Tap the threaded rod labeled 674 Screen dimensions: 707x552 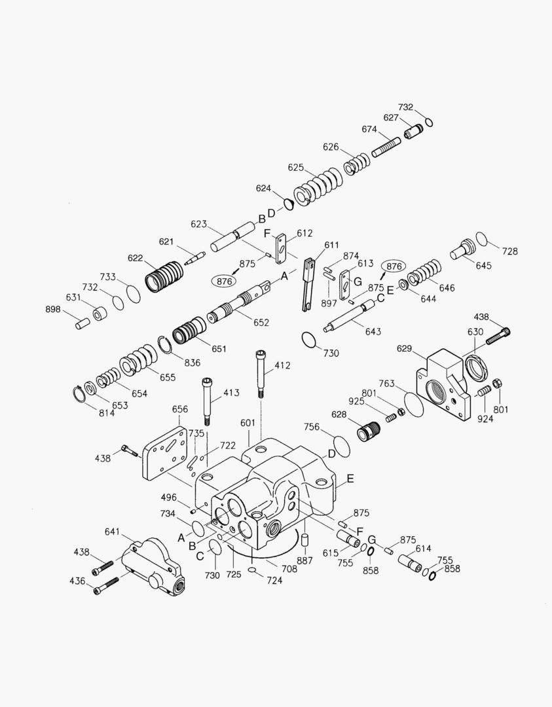click(x=386, y=146)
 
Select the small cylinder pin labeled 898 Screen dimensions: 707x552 click(x=82, y=323)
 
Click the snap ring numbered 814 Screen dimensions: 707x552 click(x=80, y=395)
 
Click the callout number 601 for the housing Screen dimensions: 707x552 click(x=247, y=424)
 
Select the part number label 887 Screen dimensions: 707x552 click(x=304, y=561)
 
